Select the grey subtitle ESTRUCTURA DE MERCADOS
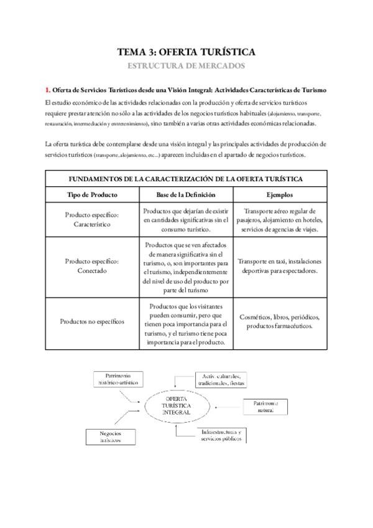point(186,65)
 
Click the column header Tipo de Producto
point(92,194)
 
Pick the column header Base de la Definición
point(186,194)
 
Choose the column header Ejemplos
point(280,194)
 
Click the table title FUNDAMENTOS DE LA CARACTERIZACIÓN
point(186,179)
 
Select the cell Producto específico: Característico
point(92,220)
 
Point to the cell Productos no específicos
point(92,321)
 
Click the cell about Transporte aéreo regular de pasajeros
point(280,220)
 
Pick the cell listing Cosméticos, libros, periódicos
point(280,321)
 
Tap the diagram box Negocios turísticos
point(110,436)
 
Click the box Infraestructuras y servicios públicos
point(222,435)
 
